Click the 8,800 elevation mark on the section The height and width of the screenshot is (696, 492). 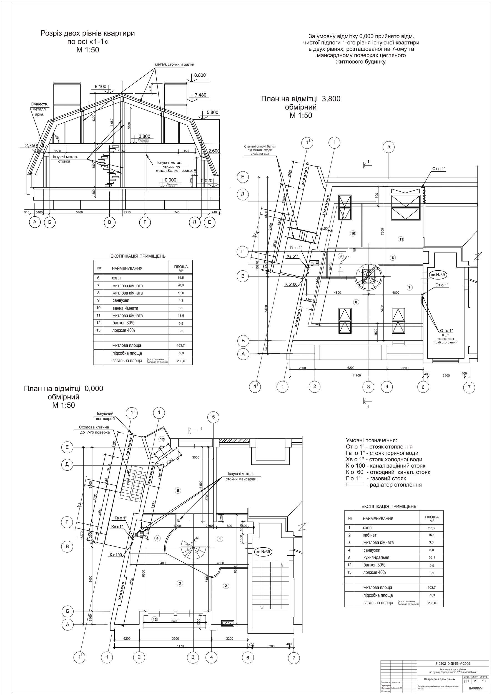point(200,75)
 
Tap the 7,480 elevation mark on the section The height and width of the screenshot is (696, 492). point(200,95)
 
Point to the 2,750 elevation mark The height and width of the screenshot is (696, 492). point(31,146)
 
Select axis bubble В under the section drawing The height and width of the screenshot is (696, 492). point(110,223)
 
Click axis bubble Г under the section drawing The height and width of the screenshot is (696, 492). point(145,223)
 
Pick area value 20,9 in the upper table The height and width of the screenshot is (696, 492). point(180,286)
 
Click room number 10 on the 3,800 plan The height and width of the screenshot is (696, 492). point(353,233)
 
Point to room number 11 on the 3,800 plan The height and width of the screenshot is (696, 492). point(401,239)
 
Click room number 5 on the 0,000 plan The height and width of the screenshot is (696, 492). point(178,490)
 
